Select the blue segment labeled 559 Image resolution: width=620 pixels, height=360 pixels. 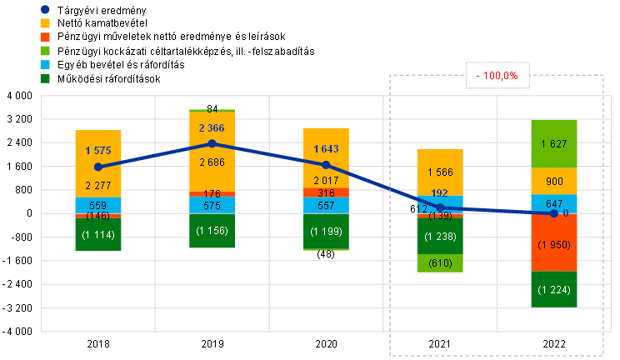click(98, 206)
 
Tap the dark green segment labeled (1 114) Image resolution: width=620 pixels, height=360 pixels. click(98, 234)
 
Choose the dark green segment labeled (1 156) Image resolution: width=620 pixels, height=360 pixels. click(212, 231)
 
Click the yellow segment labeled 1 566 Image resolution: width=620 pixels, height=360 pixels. click(440, 172)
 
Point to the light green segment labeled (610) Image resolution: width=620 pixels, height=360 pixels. click(440, 263)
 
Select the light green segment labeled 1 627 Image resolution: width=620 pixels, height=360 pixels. click(554, 144)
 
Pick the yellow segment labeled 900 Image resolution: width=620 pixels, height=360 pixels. click(554, 182)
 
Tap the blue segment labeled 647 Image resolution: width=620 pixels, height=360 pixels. click(554, 203)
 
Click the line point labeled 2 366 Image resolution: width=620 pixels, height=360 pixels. click(212, 143)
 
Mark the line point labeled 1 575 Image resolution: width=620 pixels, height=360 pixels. click(98, 167)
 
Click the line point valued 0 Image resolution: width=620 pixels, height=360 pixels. click(554, 214)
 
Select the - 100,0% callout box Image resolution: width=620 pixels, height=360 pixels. click(497, 76)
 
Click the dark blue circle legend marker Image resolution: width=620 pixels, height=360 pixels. click(45, 9)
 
